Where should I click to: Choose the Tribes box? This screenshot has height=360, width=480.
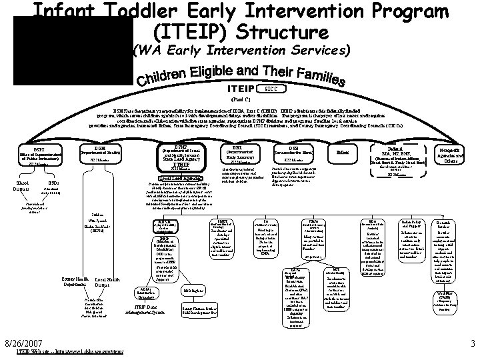[341, 153]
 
